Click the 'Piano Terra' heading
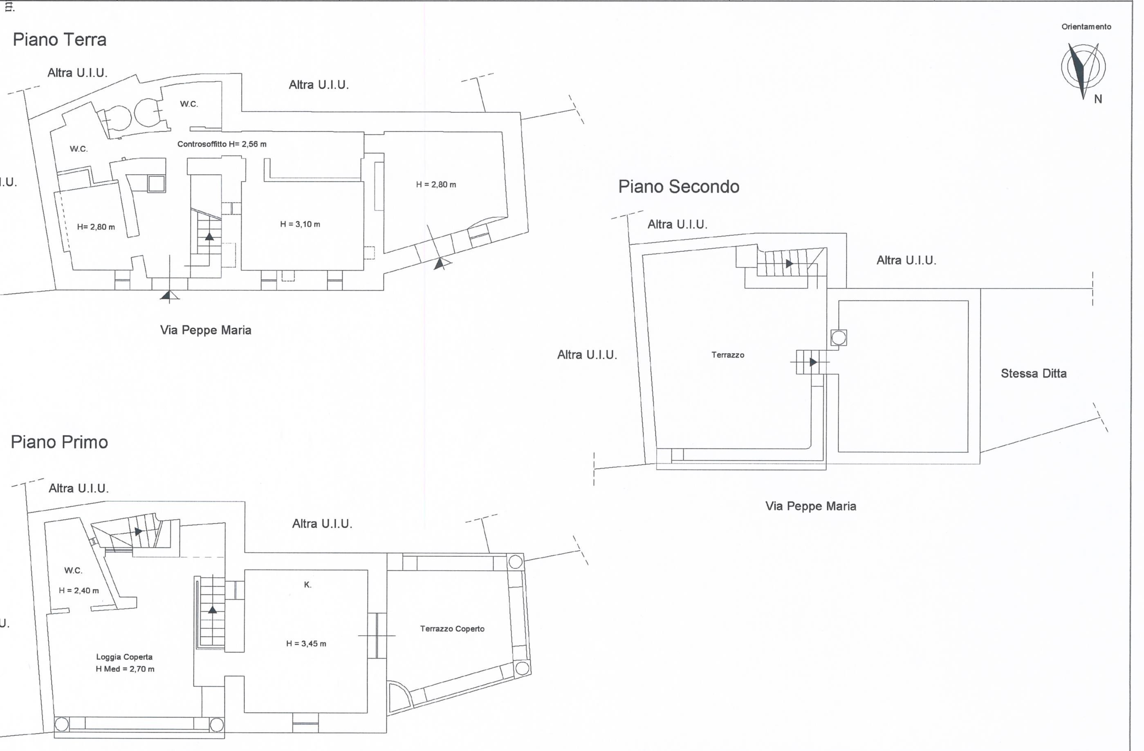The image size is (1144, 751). (60, 39)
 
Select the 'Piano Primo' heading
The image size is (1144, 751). (60, 442)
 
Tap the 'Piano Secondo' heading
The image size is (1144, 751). (679, 186)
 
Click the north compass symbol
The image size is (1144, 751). (1083, 69)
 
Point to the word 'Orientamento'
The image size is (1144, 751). (1086, 27)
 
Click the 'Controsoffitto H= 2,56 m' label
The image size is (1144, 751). (222, 144)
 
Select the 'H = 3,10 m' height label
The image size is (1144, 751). (300, 224)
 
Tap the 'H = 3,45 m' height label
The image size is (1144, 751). (306, 643)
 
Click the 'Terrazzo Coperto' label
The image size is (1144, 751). (452, 628)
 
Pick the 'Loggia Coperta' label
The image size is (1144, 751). (124, 657)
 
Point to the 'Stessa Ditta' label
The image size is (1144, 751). (1034, 373)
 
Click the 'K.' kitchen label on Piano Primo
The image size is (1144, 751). (307, 585)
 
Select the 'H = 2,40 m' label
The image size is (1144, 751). (79, 590)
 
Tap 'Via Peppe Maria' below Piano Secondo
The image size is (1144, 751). (811, 506)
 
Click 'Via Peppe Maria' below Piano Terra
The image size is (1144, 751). (206, 330)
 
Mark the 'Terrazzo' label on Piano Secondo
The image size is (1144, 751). (728, 355)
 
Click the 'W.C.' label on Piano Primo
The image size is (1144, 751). (74, 570)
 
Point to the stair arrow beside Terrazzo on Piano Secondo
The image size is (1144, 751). (813, 362)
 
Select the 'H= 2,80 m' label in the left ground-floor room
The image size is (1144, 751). (96, 227)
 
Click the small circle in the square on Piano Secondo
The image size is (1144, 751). (839, 338)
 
